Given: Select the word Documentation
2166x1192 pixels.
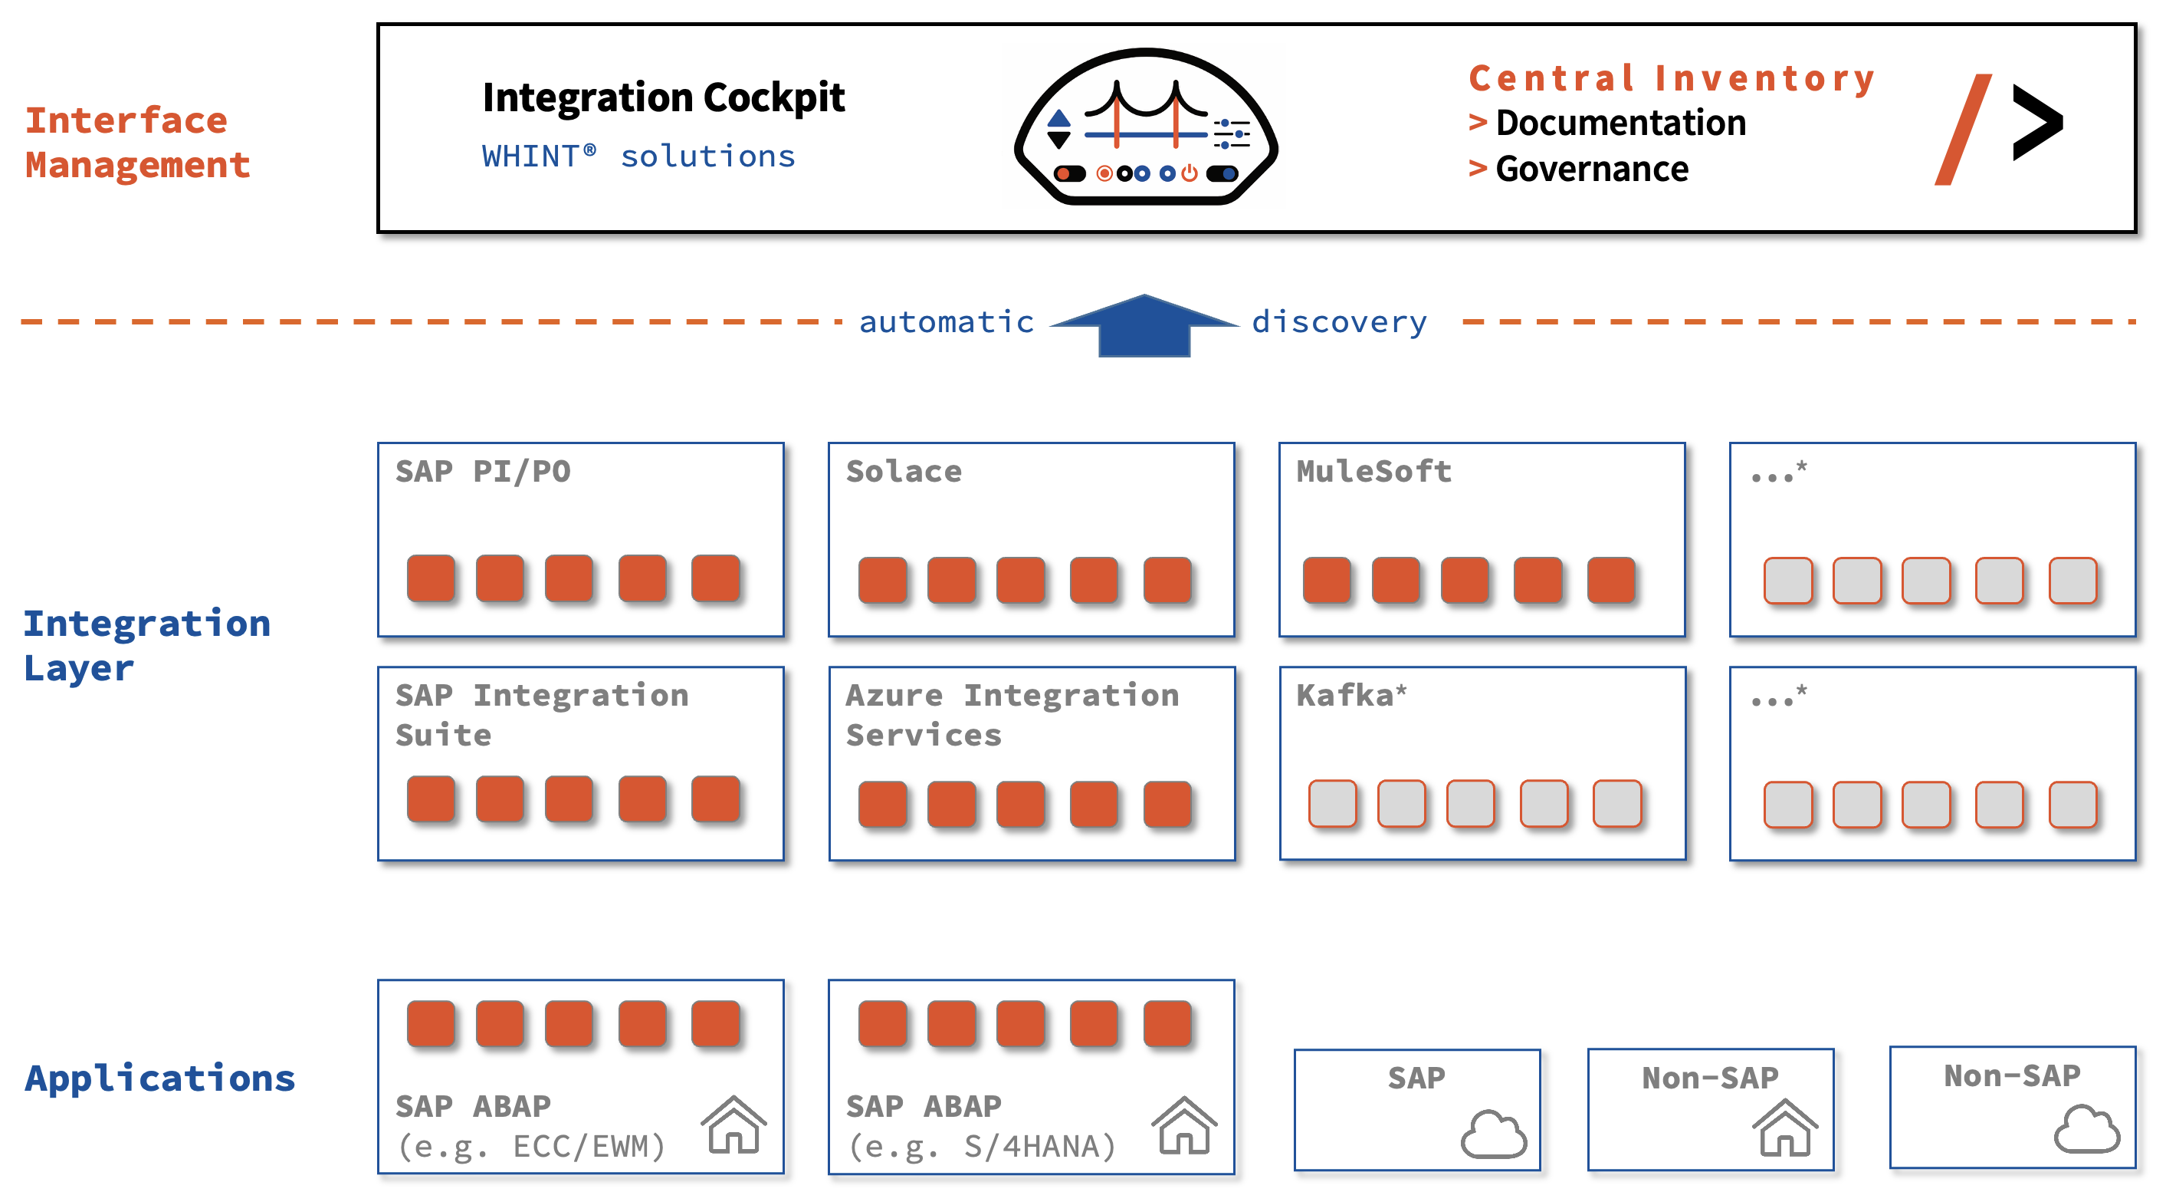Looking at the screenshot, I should [1620, 123].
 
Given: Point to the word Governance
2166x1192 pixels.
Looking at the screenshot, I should [1591, 169].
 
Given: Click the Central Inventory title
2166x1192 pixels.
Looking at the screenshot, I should [1671, 78].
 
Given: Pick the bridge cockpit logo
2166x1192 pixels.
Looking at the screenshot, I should [1145, 127].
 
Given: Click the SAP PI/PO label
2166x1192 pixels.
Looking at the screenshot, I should [483, 471].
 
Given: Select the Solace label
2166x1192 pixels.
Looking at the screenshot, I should [903, 471].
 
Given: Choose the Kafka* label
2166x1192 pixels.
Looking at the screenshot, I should [1350, 696].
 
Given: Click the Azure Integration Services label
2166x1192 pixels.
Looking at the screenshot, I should [1012, 714].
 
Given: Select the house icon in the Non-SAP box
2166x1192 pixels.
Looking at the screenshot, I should [1784, 1128].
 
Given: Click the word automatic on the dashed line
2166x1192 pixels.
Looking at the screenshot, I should [946, 322].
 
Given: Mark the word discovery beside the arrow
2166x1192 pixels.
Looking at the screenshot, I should [1339, 322].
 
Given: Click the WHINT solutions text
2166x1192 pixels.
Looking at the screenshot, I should [638, 156].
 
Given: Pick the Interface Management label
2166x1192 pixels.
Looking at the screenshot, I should [137, 142].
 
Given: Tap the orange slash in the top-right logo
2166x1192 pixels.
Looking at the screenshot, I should [1963, 130].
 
